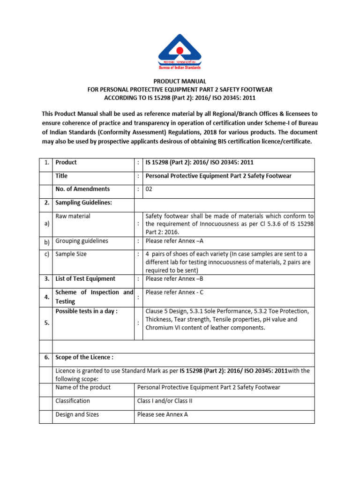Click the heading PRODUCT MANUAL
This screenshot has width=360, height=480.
(180, 82)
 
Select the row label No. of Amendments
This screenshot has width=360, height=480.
(82, 189)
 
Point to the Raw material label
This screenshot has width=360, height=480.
(73, 216)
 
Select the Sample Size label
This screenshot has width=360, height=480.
(71, 254)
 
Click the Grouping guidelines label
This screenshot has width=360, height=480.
(82, 241)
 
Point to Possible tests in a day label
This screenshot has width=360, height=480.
(86, 311)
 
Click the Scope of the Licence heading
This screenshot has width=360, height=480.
(84, 357)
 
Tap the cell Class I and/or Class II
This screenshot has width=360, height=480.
(165, 401)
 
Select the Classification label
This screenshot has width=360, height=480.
(72, 401)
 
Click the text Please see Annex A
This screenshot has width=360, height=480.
(162, 415)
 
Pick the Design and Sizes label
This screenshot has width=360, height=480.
(77, 415)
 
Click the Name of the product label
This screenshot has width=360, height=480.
(83, 387)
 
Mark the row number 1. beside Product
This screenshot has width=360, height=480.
(46, 163)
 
